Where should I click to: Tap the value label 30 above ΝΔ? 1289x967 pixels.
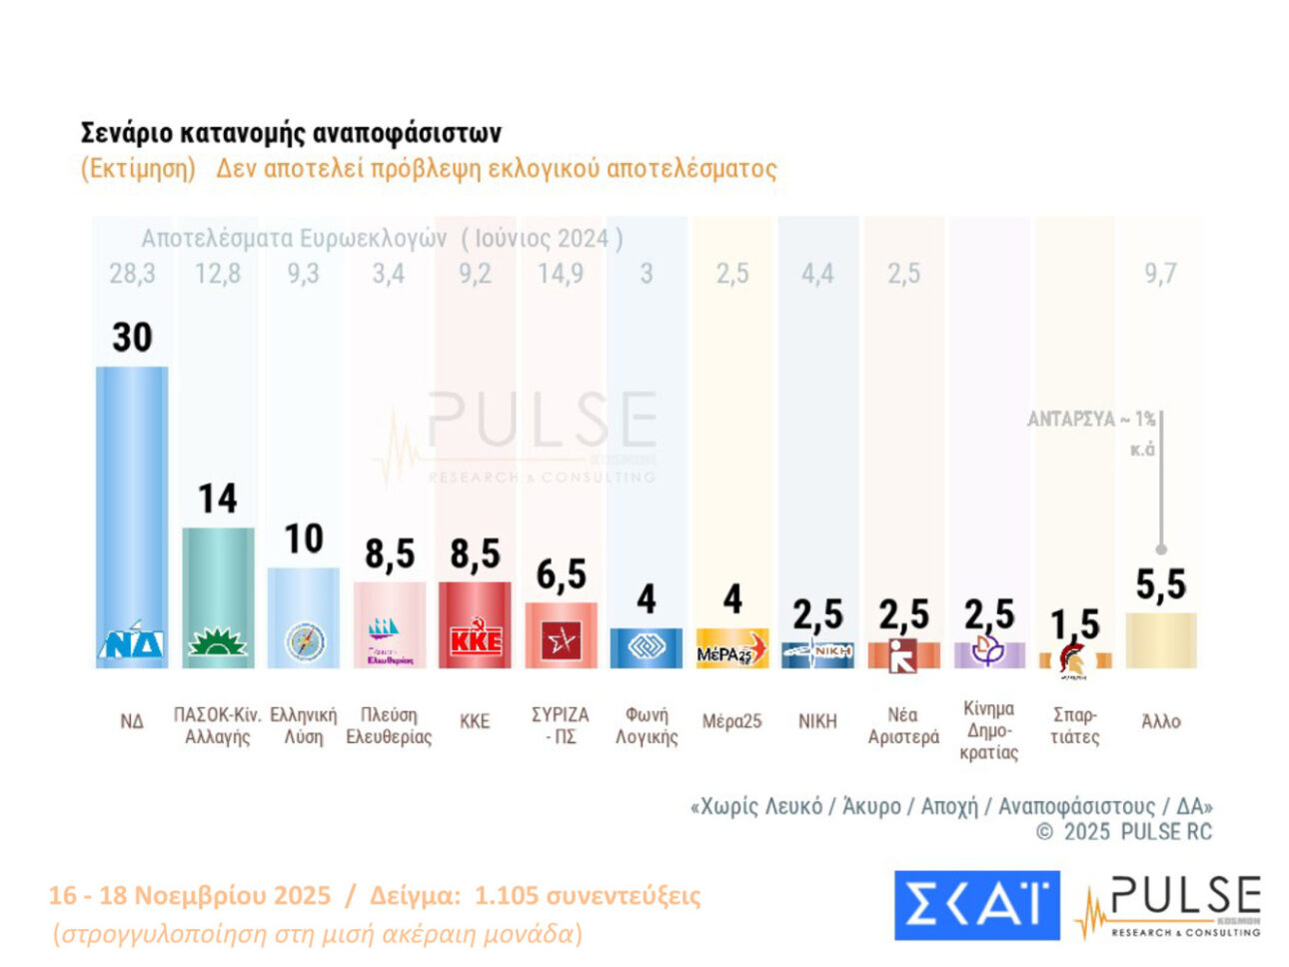132,338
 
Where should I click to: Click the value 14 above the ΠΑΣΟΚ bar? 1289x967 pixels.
218,498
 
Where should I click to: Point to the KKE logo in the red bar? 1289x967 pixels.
475,639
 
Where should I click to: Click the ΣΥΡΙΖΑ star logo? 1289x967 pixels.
561,641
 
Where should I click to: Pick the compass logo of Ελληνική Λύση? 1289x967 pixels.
304,641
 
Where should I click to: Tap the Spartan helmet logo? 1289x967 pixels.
1074,660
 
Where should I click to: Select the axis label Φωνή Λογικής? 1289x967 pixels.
646,726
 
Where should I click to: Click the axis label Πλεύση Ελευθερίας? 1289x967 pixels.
389,726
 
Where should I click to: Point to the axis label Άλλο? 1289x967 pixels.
1160,721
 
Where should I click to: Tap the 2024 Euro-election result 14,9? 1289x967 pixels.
561,273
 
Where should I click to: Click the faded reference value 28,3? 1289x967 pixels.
132,273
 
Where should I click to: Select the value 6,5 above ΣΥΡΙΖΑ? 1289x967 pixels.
561,574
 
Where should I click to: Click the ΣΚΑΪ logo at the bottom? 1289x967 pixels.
976,905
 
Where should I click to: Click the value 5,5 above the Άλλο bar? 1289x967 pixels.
1160,584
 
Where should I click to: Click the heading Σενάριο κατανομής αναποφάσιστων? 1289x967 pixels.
291,133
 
